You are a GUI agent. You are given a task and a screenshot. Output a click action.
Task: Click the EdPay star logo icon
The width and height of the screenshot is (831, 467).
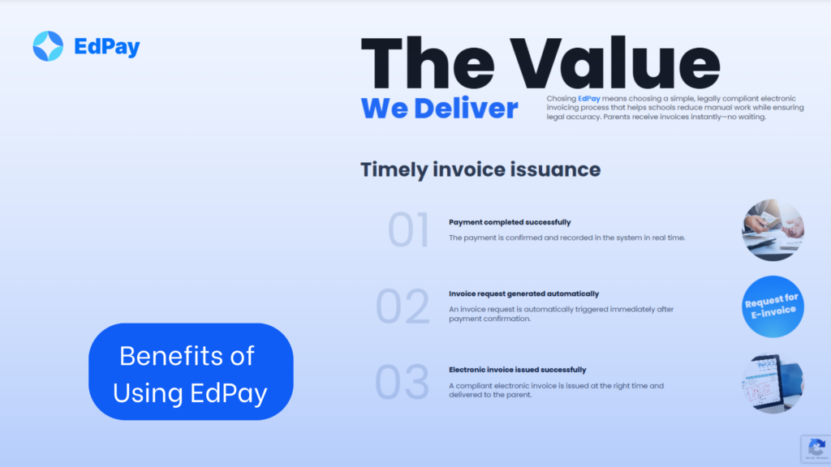48,46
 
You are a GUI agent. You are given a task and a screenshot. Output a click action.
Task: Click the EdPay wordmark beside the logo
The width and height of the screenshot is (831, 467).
107,47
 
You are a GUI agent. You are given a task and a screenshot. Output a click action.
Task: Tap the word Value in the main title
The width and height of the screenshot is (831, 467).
615,63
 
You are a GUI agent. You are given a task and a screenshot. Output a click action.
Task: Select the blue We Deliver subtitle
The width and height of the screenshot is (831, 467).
439,109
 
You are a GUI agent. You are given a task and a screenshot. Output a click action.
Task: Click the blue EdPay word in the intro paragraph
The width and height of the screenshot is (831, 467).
589,98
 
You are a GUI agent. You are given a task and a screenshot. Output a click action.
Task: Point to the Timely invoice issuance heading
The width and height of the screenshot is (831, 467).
480,169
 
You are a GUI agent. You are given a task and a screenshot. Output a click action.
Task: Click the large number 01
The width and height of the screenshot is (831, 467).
408,229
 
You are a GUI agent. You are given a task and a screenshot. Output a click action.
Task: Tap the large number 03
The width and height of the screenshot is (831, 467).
402,382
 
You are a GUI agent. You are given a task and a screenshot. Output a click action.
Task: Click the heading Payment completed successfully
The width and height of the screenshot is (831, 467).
510,222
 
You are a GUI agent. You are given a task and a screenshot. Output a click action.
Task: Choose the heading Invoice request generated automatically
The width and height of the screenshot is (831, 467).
523,293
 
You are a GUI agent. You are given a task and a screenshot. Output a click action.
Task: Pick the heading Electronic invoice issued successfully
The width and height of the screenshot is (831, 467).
517,370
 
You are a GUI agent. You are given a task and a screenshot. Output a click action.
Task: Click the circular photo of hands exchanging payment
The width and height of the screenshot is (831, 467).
773,229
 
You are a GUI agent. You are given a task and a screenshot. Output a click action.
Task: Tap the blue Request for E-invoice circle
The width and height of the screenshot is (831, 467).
773,306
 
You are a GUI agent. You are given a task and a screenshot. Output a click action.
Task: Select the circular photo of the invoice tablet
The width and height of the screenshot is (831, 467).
773,383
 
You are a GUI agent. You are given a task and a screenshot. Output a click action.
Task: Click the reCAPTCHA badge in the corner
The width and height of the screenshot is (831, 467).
816,449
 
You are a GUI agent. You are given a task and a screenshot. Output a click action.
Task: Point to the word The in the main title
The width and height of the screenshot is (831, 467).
428,63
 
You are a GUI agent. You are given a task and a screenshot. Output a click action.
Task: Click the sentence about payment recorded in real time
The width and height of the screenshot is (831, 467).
566,238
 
